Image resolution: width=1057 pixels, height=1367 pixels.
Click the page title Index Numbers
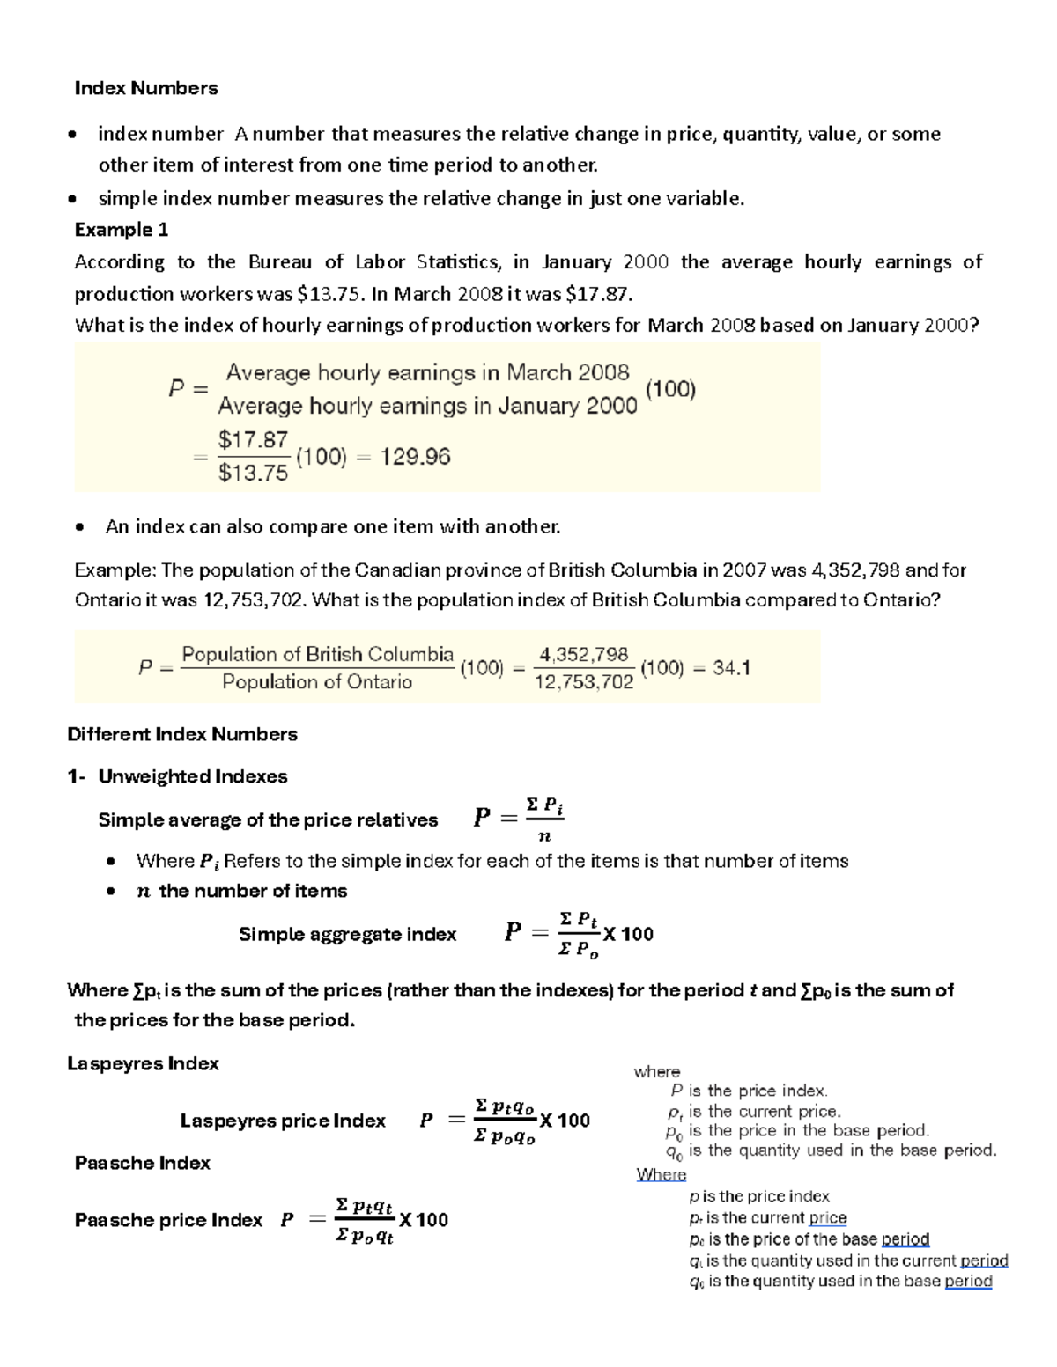click(146, 88)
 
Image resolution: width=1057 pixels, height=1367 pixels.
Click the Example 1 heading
click(122, 230)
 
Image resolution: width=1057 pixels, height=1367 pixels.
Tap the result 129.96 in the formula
click(415, 457)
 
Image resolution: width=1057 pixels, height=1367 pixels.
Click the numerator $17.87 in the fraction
click(253, 440)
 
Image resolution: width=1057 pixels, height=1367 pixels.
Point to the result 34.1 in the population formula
click(731, 668)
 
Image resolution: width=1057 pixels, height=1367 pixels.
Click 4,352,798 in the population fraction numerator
click(584, 654)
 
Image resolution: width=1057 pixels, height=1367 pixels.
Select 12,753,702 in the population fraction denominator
click(584, 682)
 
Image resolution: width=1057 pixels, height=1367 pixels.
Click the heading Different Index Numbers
click(182, 734)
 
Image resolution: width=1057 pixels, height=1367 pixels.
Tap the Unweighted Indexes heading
click(193, 776)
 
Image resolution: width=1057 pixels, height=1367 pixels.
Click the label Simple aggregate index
click(347, 934)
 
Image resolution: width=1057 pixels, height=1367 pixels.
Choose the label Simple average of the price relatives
click(268, 819)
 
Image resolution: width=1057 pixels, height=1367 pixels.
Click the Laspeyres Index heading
click(143, 1063)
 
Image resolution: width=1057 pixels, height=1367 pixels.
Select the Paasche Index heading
click(143, 1163)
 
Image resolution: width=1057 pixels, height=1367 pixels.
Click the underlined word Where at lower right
click(661, 1174)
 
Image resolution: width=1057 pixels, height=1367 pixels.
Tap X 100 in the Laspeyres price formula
click(565, 1121)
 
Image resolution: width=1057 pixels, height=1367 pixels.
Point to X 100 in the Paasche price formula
click(423, 1220)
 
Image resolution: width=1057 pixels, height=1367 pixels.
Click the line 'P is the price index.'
click(749, 1091)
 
